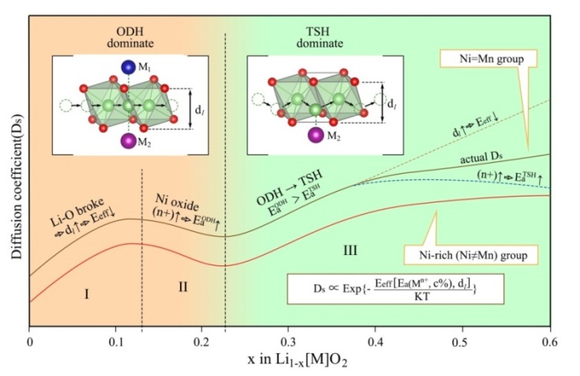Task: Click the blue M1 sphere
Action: click(x=128, y=66)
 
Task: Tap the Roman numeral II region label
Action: click(x=183, y=286)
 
